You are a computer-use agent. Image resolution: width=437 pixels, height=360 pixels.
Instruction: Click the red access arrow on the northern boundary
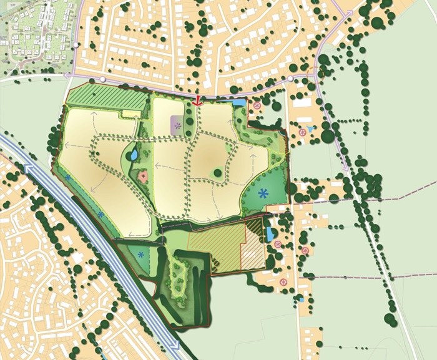click(198, 100)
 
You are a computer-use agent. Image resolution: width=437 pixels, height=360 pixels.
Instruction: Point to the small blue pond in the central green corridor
click(132, 153)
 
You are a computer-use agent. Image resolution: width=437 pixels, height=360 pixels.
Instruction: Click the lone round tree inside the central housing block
click(216, 173)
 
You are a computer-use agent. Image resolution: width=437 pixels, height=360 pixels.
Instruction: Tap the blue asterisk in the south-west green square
click(141, 255)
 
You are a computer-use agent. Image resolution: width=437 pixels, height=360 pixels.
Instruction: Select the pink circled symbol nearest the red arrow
click(257, 107)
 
